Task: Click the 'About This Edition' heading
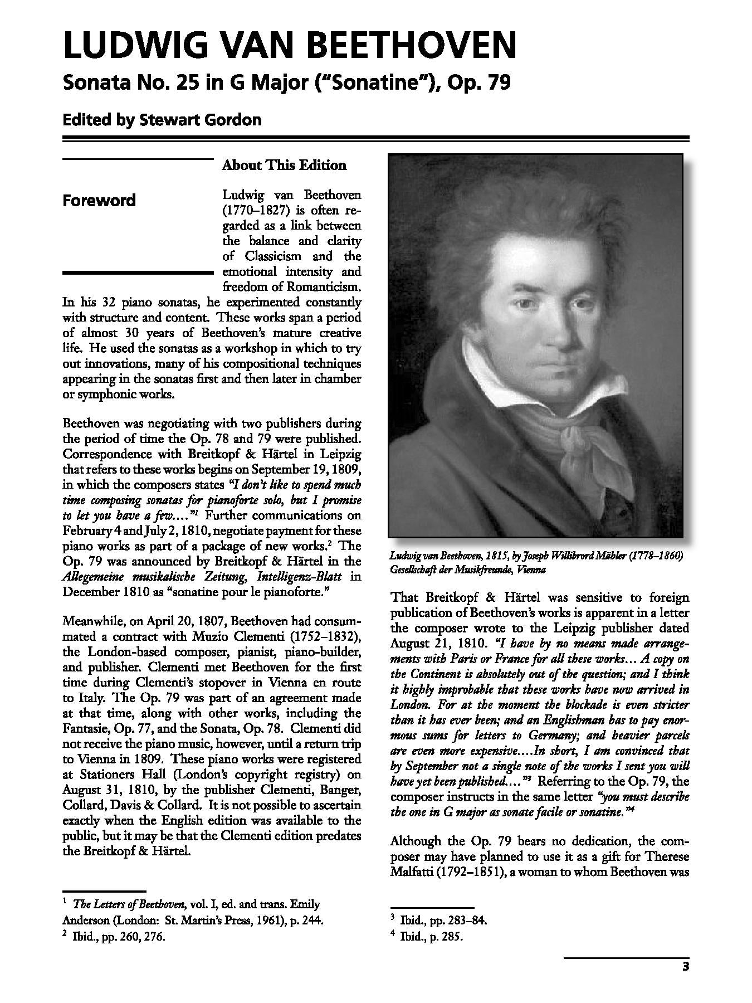coord(284,165)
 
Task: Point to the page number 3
coord(686,966)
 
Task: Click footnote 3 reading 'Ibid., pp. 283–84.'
coord(440,920)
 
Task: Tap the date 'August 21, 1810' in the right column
coord(427,643)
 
